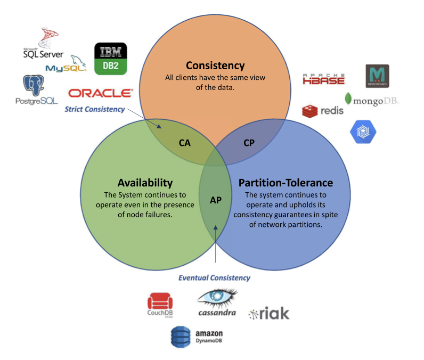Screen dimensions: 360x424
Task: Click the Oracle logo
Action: coord(101,93)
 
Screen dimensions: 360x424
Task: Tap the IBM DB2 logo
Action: coord(110,59)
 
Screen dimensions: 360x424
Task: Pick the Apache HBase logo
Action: coord(323,79)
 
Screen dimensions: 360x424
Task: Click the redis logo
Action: coord(323,111)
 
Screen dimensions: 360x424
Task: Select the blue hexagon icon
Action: coord(363,132)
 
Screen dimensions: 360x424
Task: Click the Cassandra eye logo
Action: coord(217,302)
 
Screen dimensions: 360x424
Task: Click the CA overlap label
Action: coord(184,143)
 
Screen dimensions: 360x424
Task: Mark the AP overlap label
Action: coord(215,200)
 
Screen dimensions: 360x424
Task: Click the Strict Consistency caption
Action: coord(95,109)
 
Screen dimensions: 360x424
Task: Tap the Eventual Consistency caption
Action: coord(214,277)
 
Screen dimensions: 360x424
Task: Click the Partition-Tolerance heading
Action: coord(286,183)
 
